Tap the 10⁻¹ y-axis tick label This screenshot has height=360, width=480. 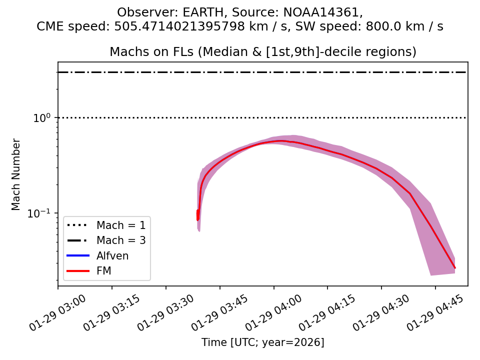[42, 213]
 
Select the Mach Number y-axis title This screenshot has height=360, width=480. [16, 174]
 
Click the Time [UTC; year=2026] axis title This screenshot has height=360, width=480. [262, 342]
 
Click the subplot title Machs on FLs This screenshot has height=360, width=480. [262, 52]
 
